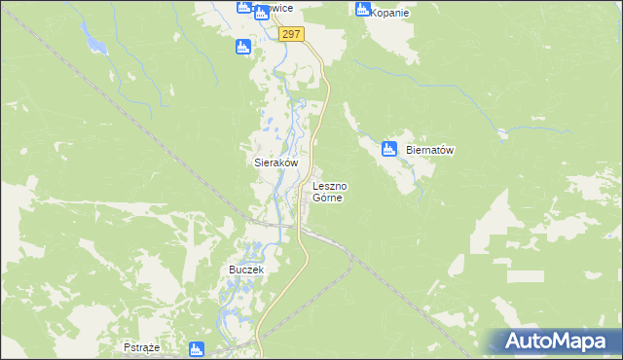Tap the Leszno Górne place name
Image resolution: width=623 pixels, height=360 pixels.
click(330, 191)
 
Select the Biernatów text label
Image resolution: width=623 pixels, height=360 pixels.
click(430, 151)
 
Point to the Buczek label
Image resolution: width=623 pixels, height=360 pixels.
click(246, 269)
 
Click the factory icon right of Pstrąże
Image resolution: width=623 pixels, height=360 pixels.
click(197, 348)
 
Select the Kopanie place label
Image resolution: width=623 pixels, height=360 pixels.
click(390, 14)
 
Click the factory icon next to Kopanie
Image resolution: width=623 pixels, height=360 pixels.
click(363, 10)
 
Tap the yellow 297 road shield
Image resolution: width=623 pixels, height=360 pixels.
click(291, 34)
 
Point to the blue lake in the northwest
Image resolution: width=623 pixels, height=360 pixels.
click(94, 41)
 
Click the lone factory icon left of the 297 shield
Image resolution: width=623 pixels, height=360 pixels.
click(243, 46)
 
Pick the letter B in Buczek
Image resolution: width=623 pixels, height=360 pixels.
click(232, 269)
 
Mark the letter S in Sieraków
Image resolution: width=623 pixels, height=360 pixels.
click(244, 164)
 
